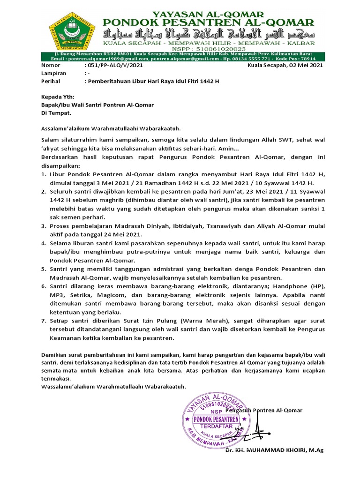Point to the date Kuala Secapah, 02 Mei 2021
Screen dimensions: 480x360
(285, 66)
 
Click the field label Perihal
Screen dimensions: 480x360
(52, 81)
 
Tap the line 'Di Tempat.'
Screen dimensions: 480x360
(56, 113)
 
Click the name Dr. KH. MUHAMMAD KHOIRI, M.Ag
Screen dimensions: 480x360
(274, 450)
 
